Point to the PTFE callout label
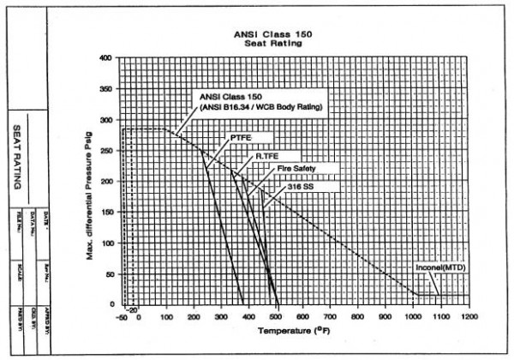[241, 137]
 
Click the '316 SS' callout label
[300, 184]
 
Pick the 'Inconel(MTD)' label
[440, 267]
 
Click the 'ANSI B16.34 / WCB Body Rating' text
[242, 106]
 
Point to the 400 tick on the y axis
[105, 58]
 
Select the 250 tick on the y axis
[105, 151]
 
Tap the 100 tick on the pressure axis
[105, 243]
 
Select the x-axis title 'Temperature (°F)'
[296, 330]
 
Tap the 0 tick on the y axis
[110, 304]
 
